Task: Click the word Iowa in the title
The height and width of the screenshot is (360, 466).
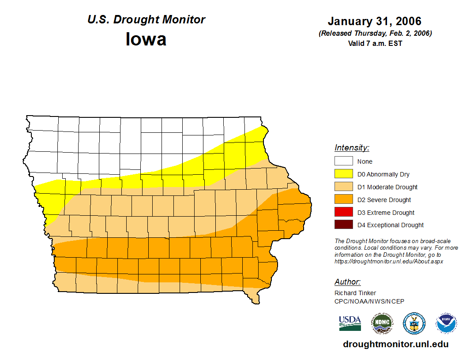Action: click(x=146, y=39)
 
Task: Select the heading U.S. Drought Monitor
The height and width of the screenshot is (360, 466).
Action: click(x=146, y=19)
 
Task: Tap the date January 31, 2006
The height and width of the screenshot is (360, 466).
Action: click(x=375, y=21)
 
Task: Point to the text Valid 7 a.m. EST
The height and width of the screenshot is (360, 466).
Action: click(x=375, y=43)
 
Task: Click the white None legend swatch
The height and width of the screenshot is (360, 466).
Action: click(x=343, y=161)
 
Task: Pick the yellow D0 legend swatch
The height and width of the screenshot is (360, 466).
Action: click(x=343, y=174)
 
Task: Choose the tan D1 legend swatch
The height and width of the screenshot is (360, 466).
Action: click(x=343, y=187)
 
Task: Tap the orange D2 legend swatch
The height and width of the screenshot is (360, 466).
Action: click(x=343, y=199)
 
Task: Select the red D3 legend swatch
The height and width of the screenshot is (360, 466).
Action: click(x=343, y=212)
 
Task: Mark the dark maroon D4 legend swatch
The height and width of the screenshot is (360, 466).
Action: click(x=343, y=225)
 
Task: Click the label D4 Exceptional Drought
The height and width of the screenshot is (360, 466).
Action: click(x=391, y=225)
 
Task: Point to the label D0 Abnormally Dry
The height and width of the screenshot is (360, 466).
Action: click(x=383, y=174)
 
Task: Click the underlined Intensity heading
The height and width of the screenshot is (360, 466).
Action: click(x=352, y=148)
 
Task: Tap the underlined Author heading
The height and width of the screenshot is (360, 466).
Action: click(x=348, y=282)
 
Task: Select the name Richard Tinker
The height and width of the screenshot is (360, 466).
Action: click(x=355, y=293)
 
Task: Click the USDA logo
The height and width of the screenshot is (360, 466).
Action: click(x=350, y=323)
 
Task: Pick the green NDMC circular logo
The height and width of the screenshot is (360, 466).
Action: click(x=382, y=323)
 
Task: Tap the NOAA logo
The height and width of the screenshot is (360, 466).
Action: click(x=446, y=323)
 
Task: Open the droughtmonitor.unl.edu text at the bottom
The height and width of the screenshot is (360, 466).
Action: click(x=395, y=344)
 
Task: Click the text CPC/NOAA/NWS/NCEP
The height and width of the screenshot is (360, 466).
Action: click(x=369, y=301)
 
